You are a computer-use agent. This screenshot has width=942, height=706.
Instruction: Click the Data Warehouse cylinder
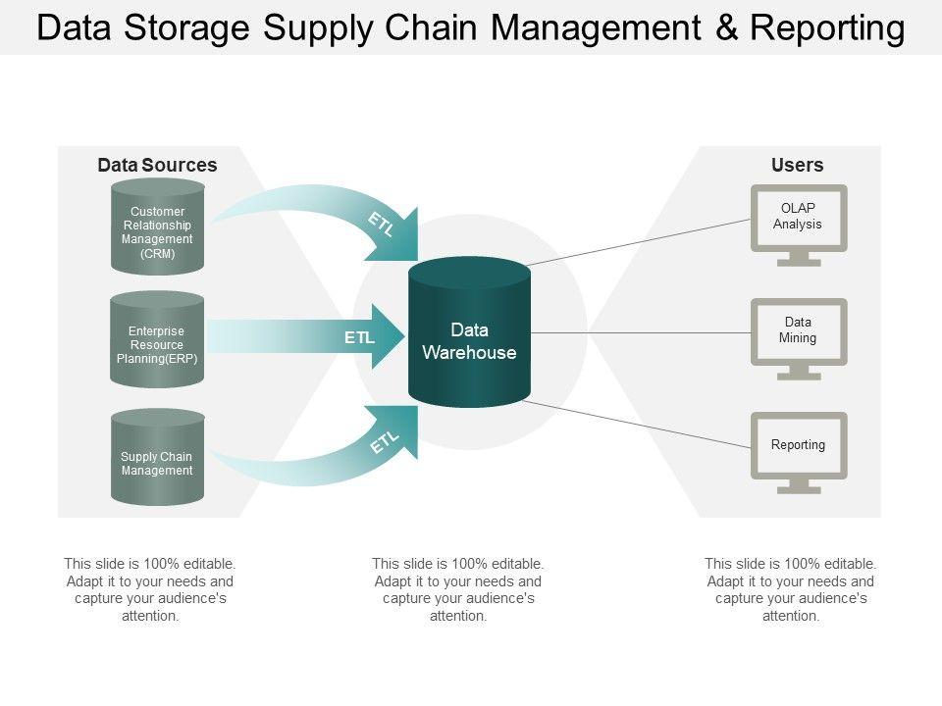click(x=469, y=332)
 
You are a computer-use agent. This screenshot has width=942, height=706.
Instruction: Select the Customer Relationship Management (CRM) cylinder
click(x=157, y=227)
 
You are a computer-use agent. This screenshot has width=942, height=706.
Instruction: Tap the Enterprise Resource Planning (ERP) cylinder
click(x=157, y=339)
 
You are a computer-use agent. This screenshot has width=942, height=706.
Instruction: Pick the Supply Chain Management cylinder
click(x=157, y=457)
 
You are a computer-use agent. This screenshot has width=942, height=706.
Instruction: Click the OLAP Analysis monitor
click(x=799, y=226)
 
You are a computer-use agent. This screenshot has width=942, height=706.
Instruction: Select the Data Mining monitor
click(x=799, y=339)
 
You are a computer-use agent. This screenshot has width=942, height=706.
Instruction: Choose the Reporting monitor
click(x=799, y=453)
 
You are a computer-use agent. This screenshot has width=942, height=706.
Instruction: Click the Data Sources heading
click(x=157, y=165)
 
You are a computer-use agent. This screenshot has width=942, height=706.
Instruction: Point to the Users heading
click(x=797, y=165)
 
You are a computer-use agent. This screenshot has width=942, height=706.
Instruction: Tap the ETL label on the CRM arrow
click(x=381, y=224)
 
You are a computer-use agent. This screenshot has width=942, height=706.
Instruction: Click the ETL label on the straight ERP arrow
click(x=359, y=337)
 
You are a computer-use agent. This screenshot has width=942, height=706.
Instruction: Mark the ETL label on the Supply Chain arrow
click(x=384, y=442)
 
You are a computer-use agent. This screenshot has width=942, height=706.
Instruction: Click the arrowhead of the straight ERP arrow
click(x=389, y=336)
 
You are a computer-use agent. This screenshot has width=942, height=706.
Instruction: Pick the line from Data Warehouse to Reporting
click(x=637, y=425)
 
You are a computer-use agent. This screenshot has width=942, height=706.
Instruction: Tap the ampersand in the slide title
click(x=727, y=27)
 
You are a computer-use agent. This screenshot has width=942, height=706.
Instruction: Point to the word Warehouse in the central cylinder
click(x=469, y=352)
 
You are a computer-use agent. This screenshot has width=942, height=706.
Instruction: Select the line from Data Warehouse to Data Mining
click(x=641, y=332)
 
